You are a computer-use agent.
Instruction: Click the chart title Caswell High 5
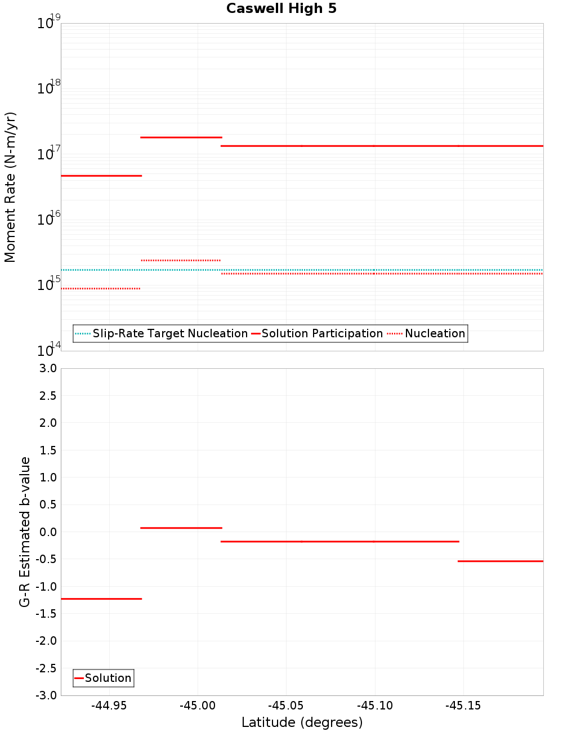pyautogui.click(x=281, y=8)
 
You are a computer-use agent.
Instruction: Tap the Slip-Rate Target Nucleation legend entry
pyautogui.click(x=161, y=333)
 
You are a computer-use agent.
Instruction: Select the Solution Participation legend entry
pyautogui.click(x=317, y=333)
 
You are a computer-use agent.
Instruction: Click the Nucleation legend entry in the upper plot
pyautogui.click(x=427, y=333)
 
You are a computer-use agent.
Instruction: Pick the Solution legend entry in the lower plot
pyautogui.click(x=103, y=678)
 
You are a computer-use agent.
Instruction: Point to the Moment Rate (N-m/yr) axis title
pyautogui.click(x=10, y=187)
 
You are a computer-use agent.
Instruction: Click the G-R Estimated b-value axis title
pyautogui.click(x=25, y=532)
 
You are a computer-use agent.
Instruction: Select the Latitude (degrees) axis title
pyautogui.click(x=302, y=722)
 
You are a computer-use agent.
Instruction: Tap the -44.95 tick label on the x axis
pyautogui.click(x=109, y=706)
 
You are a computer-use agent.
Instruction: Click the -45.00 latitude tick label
pyautogui.click(x=198, y=706)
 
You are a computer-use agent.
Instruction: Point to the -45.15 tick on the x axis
pyautogui.click(x=463, y=706)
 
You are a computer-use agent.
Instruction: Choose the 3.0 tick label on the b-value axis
pyautogui.click(x=48, y=368)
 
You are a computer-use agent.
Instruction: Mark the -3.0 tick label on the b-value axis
pyautogui.click(x=46, y=695)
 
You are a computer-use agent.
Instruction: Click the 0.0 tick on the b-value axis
pyautogui.click(x=48, y=532)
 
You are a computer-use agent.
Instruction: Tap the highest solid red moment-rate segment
pyautogui.click(x=181, y=137)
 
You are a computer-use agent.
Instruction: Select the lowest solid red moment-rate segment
pyautogui.click(x=101, y=176)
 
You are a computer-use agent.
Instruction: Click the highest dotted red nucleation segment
pyautogui.click(x=180, y=260)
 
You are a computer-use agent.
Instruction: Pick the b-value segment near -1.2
pyautogui.click(x=101, y=599)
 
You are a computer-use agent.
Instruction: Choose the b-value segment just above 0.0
pyautogui.click(x=181, y=528)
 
